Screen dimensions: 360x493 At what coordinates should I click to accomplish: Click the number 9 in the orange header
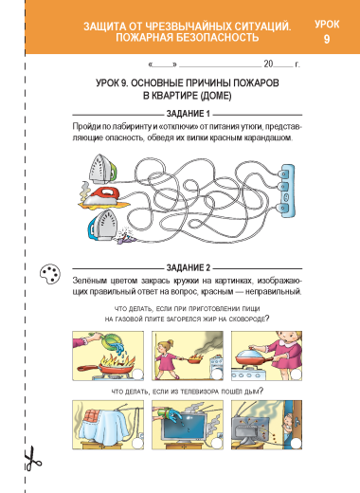pos(327,39)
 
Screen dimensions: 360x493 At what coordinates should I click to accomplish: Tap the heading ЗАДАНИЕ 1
pos(189,114)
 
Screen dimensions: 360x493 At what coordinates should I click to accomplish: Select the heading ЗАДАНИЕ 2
pos(189,268)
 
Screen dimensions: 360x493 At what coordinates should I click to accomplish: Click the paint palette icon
pos(50,274)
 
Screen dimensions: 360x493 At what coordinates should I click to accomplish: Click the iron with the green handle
pos(102,168)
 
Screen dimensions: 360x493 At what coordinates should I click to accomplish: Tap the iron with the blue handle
pos(101,225)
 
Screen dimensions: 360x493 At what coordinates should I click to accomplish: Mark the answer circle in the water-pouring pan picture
pos(137,374)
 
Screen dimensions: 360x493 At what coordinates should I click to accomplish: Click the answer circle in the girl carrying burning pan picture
pos(217,374)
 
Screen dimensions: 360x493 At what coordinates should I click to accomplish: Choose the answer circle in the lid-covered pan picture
pos(297,374)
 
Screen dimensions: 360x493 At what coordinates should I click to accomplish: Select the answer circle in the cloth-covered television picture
pos(137,444)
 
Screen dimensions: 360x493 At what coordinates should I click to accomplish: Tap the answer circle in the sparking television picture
pos(297,444)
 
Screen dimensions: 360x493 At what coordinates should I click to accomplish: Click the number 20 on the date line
pos(268,64)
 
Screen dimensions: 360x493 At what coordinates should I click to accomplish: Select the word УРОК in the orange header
pos(327,25)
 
